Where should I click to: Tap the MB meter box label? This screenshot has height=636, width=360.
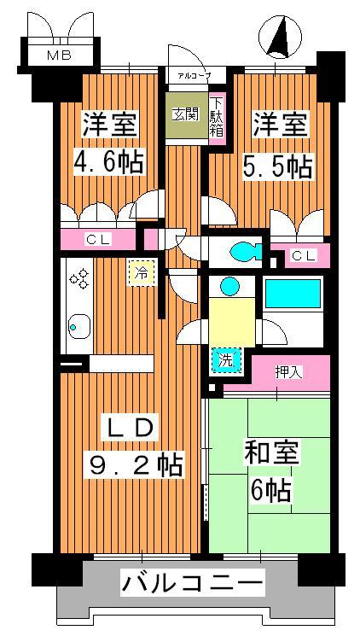click(x=59, y=55)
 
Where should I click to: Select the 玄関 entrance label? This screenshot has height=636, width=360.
click(x=186, y=115)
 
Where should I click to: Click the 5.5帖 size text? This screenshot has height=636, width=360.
click(x=278, y=166)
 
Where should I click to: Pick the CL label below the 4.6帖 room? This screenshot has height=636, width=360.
click(x=98, y=240)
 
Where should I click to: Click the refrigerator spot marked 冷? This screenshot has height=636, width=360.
click(x=142, y=272)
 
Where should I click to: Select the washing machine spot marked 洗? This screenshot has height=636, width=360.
click(x=225, y=360)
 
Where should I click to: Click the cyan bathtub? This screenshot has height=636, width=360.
click(x=293, y=293)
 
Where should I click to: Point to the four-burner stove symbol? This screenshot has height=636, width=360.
click(x=79, y=277)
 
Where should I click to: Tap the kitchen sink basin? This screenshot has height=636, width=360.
click(x=79, y=326)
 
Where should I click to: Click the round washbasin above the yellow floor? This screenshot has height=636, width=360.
click(x=229, y=286)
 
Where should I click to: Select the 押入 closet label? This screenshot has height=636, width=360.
click(x=288, y=371)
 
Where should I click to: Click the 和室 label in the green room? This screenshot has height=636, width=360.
click(x=270, y=453)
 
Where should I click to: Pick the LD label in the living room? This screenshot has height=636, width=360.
click(x=126, y=429)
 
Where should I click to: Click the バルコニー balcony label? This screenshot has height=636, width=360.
click(x=193, y=585)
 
